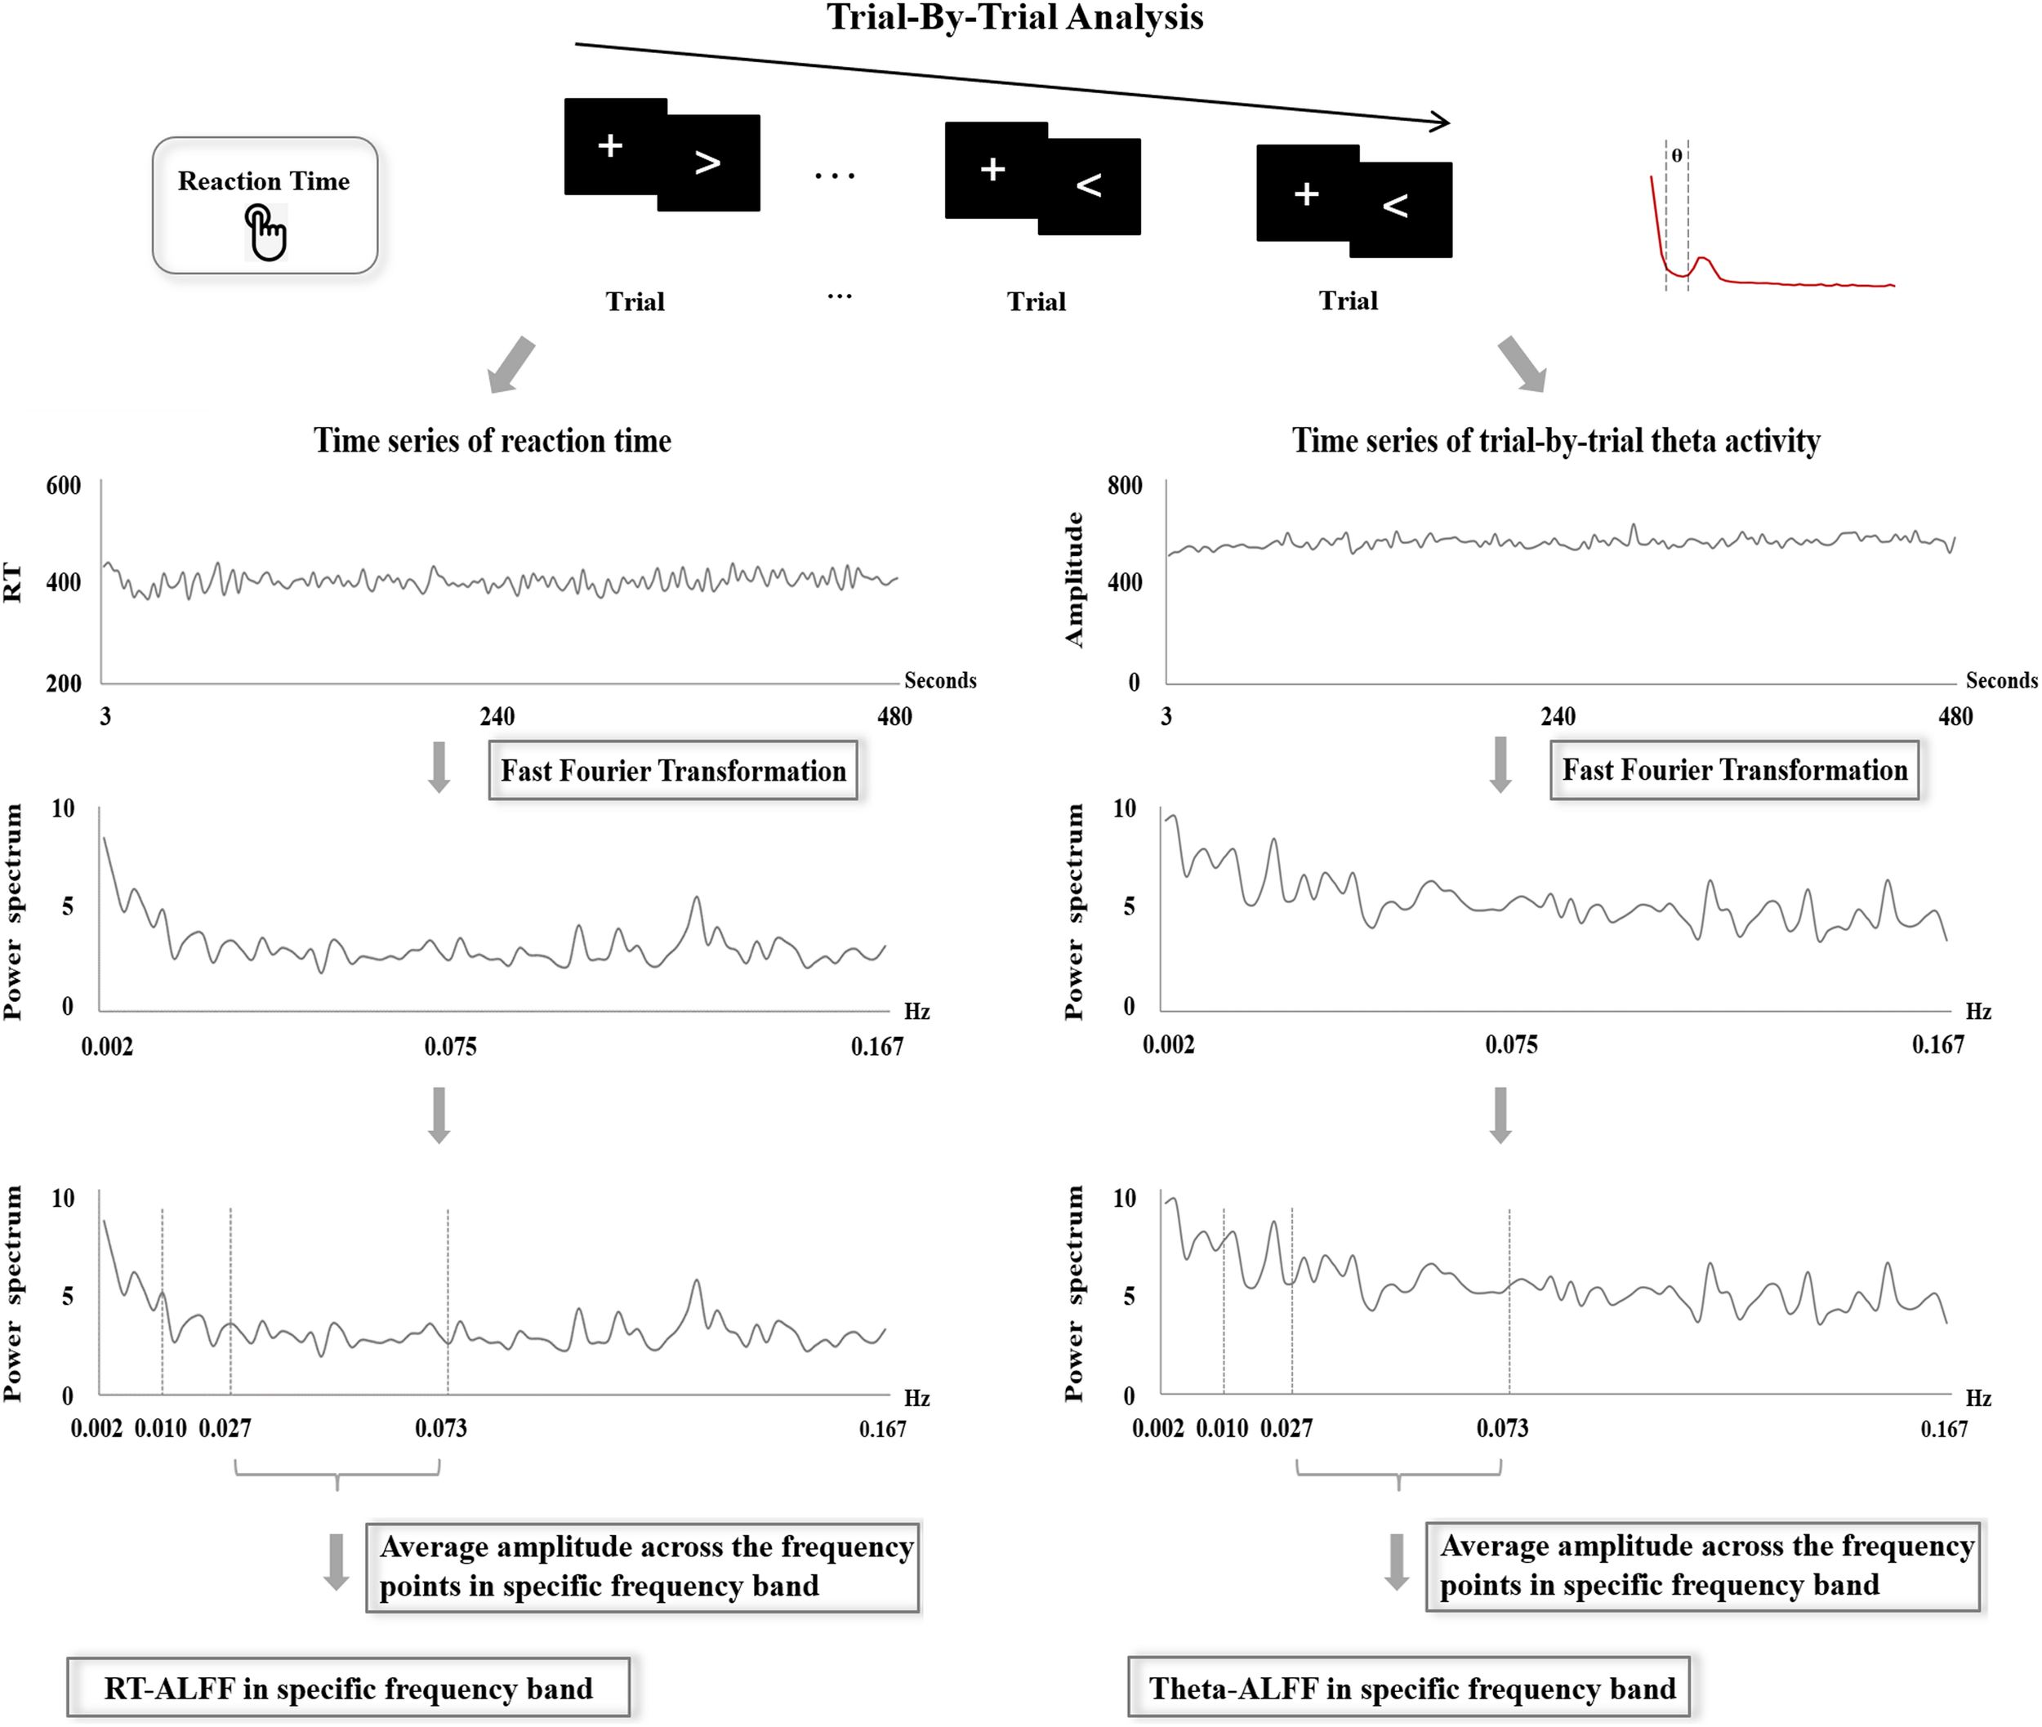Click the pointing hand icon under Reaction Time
pyautogui.click(x=265, y=233)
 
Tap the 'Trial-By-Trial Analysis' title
pyautogui.click(x=1014, y=18)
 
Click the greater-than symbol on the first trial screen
pyautogui.click(x=707, y=162)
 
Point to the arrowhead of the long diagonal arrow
pyautogui.click(x=1442, y=122)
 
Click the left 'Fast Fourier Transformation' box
pyautogui.click(x=673, y=771)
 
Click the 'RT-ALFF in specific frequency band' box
pyautogui.click(x=348, y=1688)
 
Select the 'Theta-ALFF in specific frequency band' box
pyautogui.click(x=1411, y=1688)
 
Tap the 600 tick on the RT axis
pyautogui.click(x=64, y=486)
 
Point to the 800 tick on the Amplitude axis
pyautogui.click(x=1124, y=486)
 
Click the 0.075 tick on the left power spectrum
pyautogui.click(x=451, y=1047)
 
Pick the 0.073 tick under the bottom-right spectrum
pyautogui.click(x=1502, y=1428)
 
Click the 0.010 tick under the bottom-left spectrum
pyautogui.click(x=161, y=1428)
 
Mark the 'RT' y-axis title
pyautogui.click(x=13, y=581)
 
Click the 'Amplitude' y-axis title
pyautogui.click(x=1074, y=580)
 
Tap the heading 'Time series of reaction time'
pyautogui.click(x=492, y=441)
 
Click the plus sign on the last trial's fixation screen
pyautogui.click(x=1305, y=194)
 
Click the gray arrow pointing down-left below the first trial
pyautogui.click(x=511, y=365)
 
